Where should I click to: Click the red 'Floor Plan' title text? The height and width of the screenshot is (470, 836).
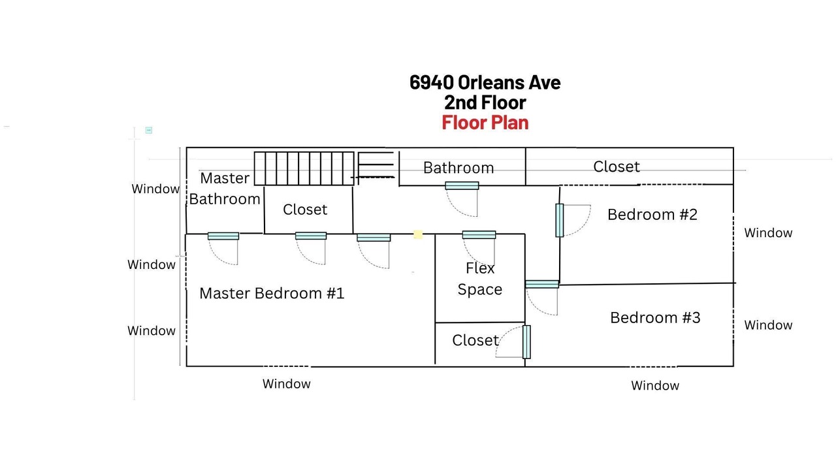485,123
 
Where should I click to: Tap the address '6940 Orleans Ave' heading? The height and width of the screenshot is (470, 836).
485,82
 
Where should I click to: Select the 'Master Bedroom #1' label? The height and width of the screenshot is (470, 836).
272,293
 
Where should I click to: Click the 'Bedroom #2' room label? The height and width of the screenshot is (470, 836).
652,215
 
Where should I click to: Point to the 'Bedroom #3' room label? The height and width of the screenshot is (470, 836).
655,318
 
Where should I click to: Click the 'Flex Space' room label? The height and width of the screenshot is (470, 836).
480,279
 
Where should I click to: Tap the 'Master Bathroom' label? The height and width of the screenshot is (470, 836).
225,189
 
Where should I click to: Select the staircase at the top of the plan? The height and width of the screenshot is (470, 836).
304,168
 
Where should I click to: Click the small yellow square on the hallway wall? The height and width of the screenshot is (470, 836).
418,234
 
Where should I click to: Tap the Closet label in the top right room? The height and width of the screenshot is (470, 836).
617,166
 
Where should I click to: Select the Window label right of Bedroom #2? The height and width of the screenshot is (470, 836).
768,233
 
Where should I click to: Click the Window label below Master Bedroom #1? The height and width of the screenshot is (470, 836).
287,384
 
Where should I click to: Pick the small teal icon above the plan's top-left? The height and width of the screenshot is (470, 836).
149,130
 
